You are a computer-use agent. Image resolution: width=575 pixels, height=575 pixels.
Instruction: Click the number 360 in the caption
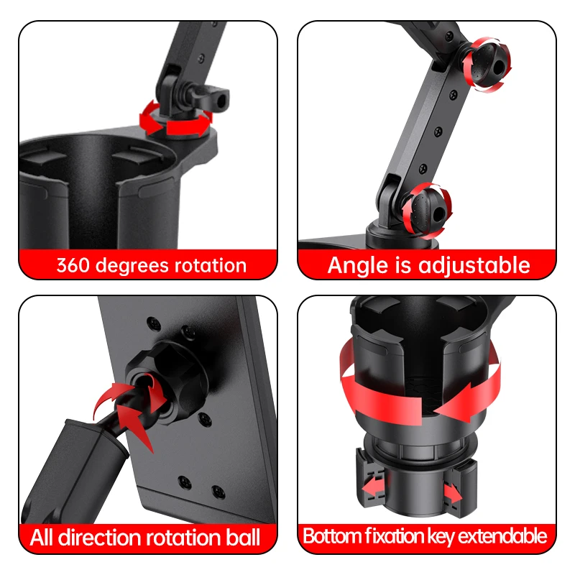pos(74,265)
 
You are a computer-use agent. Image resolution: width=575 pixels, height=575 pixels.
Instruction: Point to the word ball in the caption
pos(242,537)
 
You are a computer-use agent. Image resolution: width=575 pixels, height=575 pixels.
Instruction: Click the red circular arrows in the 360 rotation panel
pos(175,119)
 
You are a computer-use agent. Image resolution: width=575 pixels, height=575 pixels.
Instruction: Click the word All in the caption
pos(44,537)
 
